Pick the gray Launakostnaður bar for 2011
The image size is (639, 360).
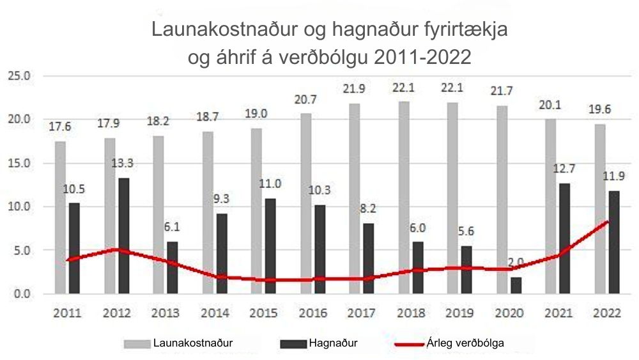pos(60,217)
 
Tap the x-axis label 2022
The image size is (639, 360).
pos(606,313)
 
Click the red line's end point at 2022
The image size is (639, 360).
pos(606,222)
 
